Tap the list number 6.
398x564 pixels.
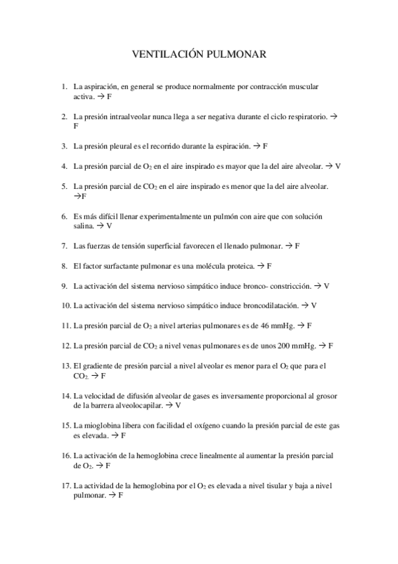64,216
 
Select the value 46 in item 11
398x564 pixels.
258,326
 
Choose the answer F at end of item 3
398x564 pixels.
265,146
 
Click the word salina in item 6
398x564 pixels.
84,226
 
